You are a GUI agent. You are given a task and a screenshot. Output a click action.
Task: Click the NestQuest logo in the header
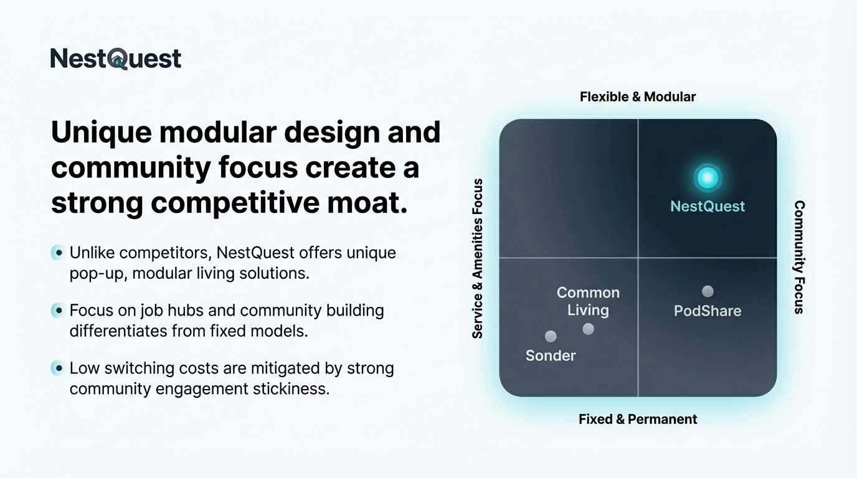click(116, 59)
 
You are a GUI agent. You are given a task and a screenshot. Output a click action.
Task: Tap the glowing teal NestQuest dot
click(708, 178)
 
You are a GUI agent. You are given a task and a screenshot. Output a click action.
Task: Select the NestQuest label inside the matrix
click(708, 207)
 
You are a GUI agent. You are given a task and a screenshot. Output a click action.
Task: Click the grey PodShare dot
click(708, 291)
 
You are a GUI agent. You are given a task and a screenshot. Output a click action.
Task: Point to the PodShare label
click(708, 311)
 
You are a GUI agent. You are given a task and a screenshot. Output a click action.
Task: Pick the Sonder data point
click(551, 337)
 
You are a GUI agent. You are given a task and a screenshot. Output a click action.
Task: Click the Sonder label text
click(551, 355)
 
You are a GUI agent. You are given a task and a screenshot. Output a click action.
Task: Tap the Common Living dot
click(588, 329)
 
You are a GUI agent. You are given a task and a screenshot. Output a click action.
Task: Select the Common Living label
click(588, 301)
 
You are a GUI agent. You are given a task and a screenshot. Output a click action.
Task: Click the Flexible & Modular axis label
click(638, 96)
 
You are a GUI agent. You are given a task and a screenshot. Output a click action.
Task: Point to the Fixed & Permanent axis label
click(638, 419)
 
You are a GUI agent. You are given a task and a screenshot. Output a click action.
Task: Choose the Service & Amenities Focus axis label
click(478, 258)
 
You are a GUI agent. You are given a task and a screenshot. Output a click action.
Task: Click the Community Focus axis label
click(799, 257)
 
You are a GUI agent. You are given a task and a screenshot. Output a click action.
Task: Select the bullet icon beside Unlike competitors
click(59, 253)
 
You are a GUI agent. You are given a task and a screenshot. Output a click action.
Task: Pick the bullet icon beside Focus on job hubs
click(59, 311)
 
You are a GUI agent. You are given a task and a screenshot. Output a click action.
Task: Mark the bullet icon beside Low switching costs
click(59, 368)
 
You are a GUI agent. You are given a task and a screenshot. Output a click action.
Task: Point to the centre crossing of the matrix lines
click(638, 258)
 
